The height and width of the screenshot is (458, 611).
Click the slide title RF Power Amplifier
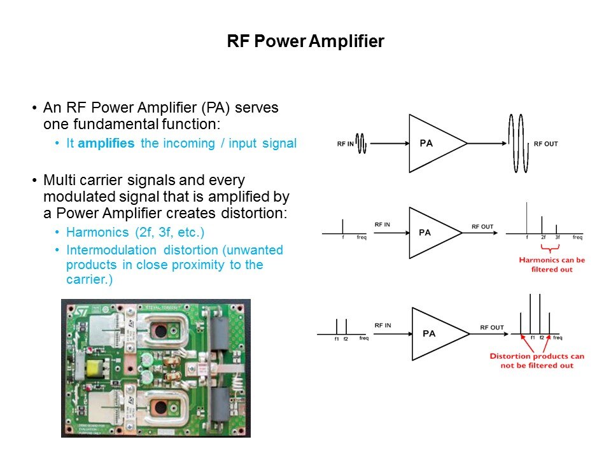point(305,42)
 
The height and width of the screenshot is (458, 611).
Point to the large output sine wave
point(518,143)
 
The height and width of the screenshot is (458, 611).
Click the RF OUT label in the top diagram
point(545,144)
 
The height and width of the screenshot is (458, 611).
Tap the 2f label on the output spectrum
point(543,237)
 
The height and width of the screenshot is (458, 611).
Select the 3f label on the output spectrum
point(557,237)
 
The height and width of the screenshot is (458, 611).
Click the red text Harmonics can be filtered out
point(551,265)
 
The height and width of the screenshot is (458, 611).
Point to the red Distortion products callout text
point(537,361)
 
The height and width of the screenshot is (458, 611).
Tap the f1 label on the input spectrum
point(337,338)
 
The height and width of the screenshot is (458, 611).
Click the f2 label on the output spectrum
point(542,338)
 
